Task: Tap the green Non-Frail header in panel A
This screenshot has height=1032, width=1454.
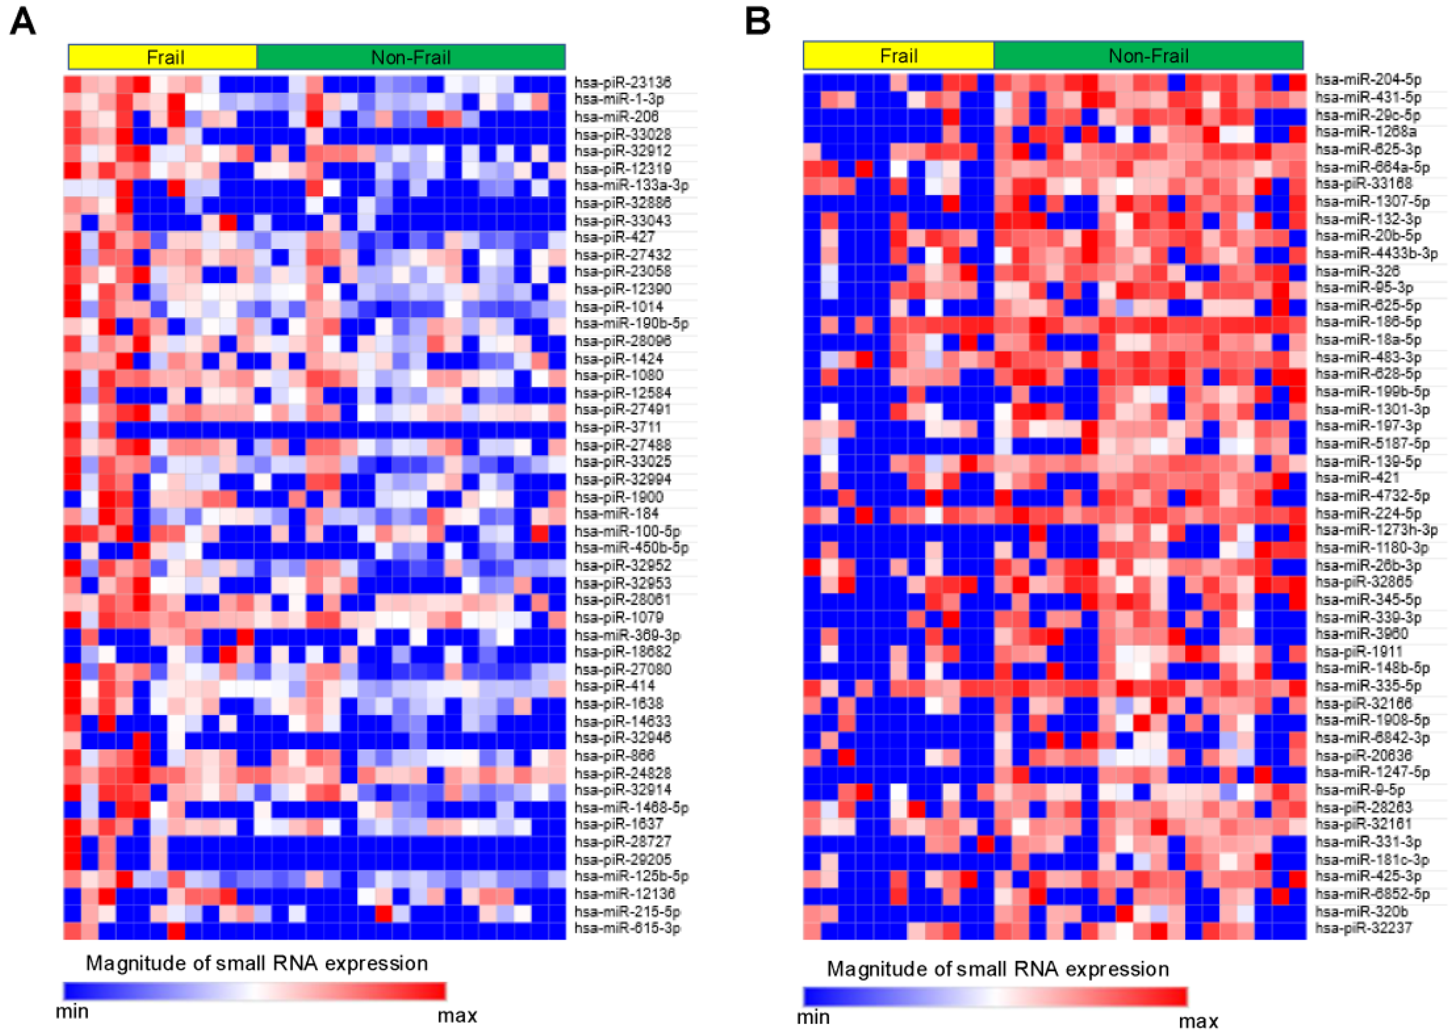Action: pyautogui.click(x=411, y=57)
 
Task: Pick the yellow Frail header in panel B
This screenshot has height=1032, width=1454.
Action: pyautogui.click(x=898, y=56)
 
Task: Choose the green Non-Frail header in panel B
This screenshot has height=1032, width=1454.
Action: pyautogui.click(x=1148, y=56)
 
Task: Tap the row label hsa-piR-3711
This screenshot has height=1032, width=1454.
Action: pyautogui.click(x=617, y=427)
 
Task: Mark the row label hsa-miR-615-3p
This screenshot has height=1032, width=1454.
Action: pyautogui.click(x=627, y=928)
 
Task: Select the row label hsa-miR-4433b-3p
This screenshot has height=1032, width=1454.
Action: pyautogui.click(x=1376, y=253)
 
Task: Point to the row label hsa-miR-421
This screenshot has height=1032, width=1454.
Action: pyautogui.click(x=1348, y=478)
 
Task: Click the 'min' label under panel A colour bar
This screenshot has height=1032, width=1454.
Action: pyautogui.click(x=72, y=1011)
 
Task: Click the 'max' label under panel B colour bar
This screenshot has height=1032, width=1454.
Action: pyautogui.click(x=1198, y=1021)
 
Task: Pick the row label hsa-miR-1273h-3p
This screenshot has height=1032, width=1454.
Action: pyautogui.click(x=1376, y=530)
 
